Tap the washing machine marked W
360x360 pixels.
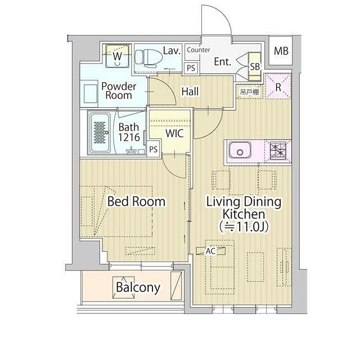point(117,56)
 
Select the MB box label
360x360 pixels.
point(281,51)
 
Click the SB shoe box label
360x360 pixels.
point(255,66)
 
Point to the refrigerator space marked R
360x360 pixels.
point(278,87)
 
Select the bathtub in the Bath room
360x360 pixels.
point(100,133)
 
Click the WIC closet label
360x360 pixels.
point(174,133)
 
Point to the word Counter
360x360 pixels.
point(199,50)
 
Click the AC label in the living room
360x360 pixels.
point(210,251)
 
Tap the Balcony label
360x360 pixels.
point(138,287)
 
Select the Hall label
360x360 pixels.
point(190,91)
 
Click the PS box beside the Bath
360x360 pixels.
point(154,150)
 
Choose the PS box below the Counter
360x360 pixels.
point(191,68)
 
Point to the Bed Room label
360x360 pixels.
point(136,201)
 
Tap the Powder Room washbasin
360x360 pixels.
point(90,93)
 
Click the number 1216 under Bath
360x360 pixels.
point(129,137)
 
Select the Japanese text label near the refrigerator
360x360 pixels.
point(250,92)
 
